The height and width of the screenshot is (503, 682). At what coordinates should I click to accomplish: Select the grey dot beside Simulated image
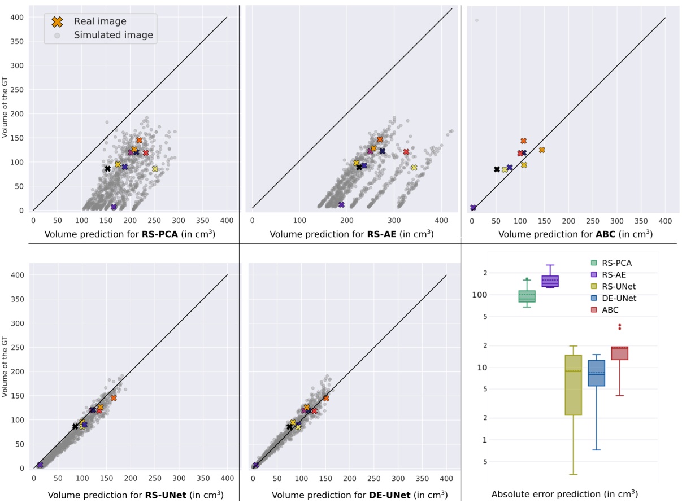coord(57,35)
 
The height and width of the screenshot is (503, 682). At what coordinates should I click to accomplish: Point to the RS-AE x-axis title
coord(351,233)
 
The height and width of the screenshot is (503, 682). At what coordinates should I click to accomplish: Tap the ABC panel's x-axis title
coord(572,233)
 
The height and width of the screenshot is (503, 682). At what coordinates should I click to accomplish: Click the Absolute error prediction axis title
coord(564,494)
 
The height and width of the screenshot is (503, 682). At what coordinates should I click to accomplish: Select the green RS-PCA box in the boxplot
coord(527,296)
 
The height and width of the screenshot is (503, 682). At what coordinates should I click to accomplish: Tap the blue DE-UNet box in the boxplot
coord(597,373)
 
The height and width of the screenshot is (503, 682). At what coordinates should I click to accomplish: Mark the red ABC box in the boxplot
coord(620,353)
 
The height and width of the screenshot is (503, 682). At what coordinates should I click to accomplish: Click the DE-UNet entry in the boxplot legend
coord(614,298)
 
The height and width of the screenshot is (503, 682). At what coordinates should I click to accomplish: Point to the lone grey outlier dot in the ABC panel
coord(477,20)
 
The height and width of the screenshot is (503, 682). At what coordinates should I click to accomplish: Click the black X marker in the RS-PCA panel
coord(107,169)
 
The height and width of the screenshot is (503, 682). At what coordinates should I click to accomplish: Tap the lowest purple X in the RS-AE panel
coord(341,204)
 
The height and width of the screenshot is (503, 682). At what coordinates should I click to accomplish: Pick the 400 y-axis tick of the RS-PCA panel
coord(20,17)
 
